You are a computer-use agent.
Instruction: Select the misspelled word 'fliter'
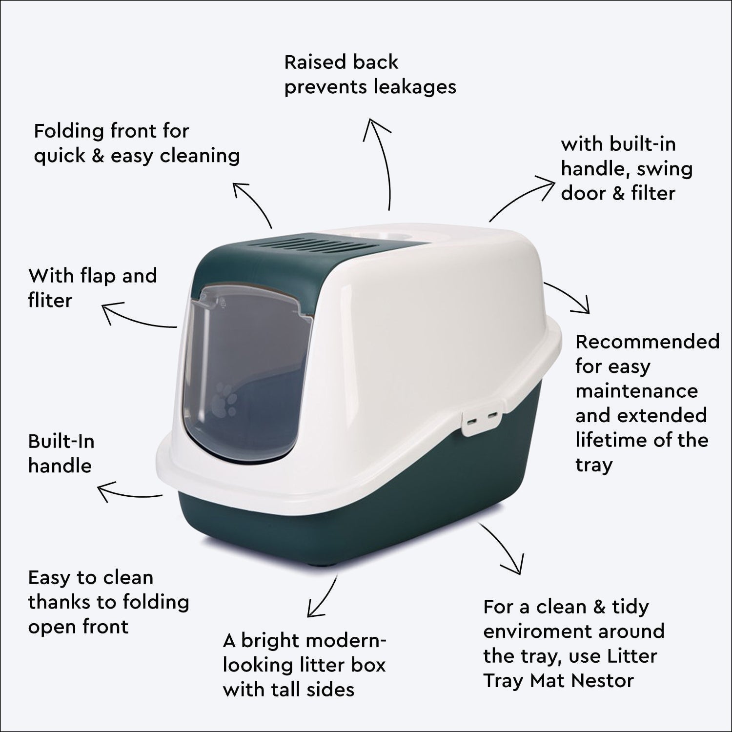(x=50, y=301)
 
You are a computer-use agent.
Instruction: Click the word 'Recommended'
(x=647, y=342)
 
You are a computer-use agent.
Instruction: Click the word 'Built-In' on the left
(x=61, y=441)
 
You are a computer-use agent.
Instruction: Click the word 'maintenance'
(x=636, y=391)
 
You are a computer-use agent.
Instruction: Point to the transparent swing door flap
(x=244, y=371)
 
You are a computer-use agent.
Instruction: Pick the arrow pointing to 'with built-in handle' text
(x=522, y=198)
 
